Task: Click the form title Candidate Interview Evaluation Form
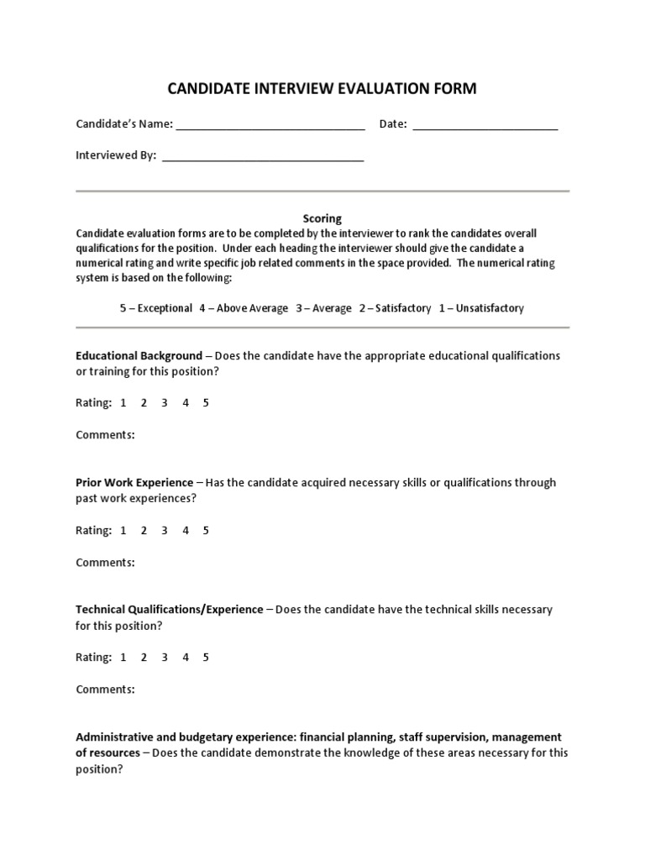pos(322,88)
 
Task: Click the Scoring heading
pos(322,218)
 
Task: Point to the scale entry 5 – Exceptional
pos(156,308)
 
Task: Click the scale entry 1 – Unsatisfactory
pos(481,308)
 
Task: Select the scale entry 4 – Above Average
pos(244,308)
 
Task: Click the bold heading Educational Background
pos(139,355)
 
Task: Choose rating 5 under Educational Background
pos(206,403)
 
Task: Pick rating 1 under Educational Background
pos(123,403)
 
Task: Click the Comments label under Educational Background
pos(105,435)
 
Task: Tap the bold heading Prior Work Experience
pos(134,482)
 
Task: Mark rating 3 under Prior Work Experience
pos(165,530)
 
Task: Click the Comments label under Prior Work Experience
pos(105,563)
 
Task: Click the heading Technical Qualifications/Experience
pos(170,609)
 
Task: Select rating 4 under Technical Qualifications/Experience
pos(186,658)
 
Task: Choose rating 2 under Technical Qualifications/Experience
pos(144,658)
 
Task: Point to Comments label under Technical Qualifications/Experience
pos(105,690)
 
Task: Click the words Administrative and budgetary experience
pos(193,737)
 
